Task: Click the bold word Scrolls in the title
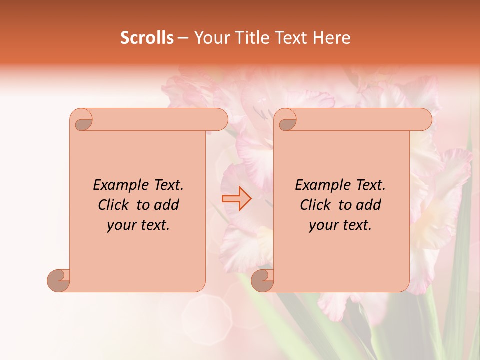coord(147,38)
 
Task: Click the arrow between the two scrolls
coord(237,199)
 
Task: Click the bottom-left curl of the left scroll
coord(59,280)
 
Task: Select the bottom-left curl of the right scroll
coord(262,280)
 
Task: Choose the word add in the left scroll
coord(167,205)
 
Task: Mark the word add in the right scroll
coord(369,205)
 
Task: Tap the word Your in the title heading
coord(210,38)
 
